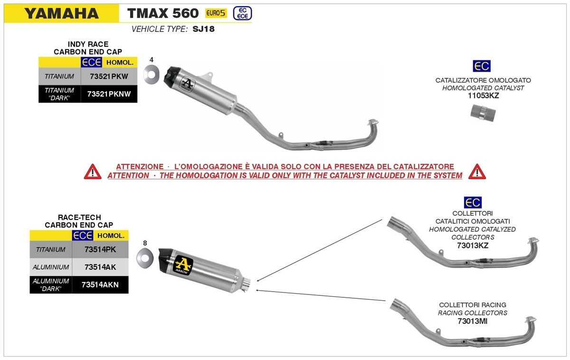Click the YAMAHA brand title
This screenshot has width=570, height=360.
coord(61,13)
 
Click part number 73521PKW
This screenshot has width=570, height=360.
coord(108,76)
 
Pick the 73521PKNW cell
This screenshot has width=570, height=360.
coord(109,94)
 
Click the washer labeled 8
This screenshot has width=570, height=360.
coord(144,258)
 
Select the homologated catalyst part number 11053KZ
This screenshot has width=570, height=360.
coord(483,95)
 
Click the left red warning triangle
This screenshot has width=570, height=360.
coord(93,171)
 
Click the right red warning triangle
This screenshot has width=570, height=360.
coord(476,171)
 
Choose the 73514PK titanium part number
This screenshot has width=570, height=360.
coord(99,249)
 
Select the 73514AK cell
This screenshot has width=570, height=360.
coord(99,267)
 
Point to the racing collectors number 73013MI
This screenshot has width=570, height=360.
coord(472,322)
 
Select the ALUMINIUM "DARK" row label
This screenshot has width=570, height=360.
coord(51,284)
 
